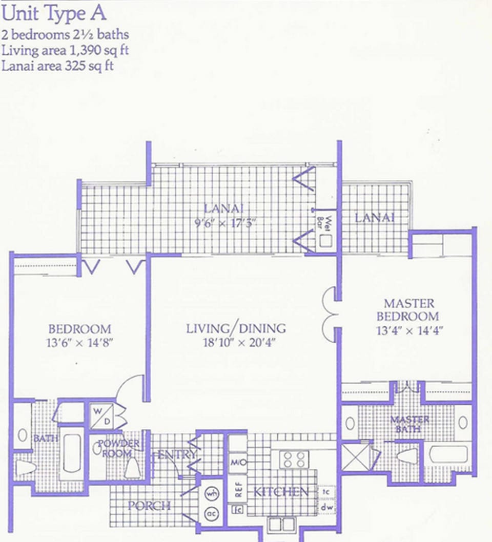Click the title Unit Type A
tap(54, 13)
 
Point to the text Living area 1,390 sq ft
tap(65, 50)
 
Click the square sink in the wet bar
tap(325, 240)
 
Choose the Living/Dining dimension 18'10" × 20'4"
tap(236, 342)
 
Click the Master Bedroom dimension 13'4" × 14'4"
tap(408, 330)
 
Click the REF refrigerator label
tap(238, 490)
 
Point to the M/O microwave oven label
tap(238, 463)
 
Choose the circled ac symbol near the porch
tap(211, 513)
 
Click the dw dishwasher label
tap(325, 508)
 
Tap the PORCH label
tap(149, 506)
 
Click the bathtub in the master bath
tap(448, 454)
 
